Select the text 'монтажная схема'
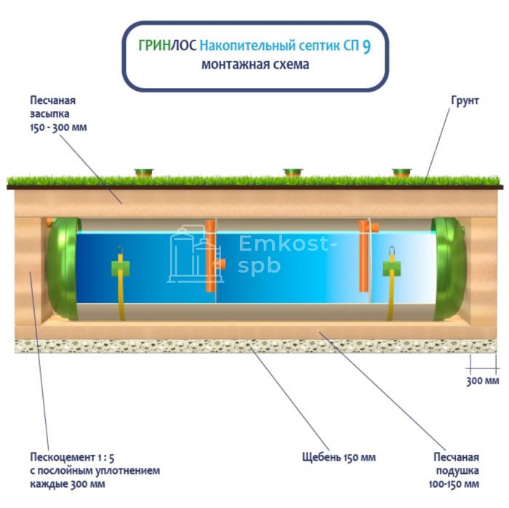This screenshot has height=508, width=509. pos(255,65)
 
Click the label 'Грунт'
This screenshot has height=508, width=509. pos(465,100)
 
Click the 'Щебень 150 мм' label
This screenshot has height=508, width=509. pos(339,458)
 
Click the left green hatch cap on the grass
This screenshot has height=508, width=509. pos(144,173)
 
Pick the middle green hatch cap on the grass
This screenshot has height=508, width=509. pos(292,173)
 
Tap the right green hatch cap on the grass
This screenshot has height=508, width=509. pos(401,173)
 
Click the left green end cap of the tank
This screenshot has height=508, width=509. pos(61,267)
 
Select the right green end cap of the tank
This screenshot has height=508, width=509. pos(449,267)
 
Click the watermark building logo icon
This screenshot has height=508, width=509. pos(193,254)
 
